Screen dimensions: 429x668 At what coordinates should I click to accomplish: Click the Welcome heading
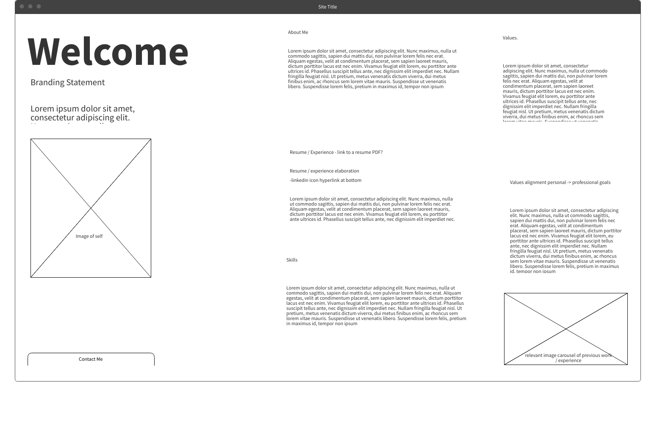[x=108, y=52]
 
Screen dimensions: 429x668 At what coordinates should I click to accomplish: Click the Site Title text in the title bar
[x=327, y=7]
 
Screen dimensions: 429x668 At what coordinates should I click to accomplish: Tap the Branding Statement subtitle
[x=67, y=82]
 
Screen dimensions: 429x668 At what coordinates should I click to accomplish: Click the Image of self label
[x=89, y=236]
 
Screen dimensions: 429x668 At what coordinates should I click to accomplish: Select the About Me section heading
[x=298, y=32]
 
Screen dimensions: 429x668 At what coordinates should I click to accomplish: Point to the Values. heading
[x=510, y=38]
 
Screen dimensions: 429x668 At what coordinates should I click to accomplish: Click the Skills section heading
[x=292, y=260]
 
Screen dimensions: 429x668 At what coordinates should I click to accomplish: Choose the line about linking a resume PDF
[x=336, y=152]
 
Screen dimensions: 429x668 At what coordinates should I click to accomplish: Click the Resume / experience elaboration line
[x=324, y=171]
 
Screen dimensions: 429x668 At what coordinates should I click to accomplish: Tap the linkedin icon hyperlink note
[x=325, y=180]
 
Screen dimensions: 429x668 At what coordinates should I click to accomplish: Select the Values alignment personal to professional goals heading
[x=560, y=182]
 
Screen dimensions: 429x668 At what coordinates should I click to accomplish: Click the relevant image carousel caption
[x=568, y=358]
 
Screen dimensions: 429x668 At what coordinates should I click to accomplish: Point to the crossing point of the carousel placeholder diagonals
[x=566, y=329]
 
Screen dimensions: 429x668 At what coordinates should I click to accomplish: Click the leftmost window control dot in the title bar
[x=22, y=6]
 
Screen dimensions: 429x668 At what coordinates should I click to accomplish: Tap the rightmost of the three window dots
[x=39, y=6]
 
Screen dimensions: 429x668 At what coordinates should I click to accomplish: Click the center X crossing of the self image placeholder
[x=91, y=208]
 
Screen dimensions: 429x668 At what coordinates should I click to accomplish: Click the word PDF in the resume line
[x=377, y=152]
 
